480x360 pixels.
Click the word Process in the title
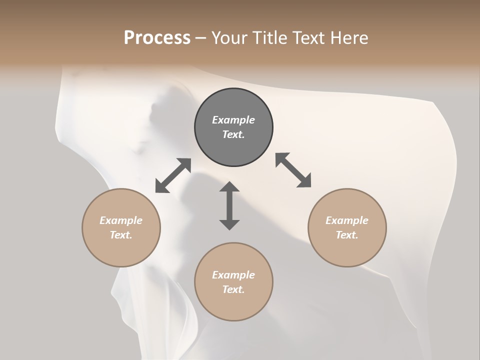(157, 38)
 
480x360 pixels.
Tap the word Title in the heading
(269, 38)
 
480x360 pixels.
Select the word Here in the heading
(348, 38)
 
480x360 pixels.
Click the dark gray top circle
(233, 127)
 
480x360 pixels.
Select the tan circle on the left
(121, 228)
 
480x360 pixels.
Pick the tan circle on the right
(347, 228)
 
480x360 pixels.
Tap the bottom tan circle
(233, 282)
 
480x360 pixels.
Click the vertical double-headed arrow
(229, 206)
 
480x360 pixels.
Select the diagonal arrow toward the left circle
(173, 175)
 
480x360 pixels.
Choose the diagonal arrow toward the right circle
(293, 170)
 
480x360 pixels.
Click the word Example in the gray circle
(233, 120)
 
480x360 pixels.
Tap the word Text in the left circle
(121, 235)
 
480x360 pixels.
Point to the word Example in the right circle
(347, 220)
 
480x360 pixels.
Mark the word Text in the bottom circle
(233, 289)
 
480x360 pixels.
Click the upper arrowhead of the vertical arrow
(229, 187)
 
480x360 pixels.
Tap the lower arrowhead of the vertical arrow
(229, 224)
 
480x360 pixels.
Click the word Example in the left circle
(121, 220)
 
